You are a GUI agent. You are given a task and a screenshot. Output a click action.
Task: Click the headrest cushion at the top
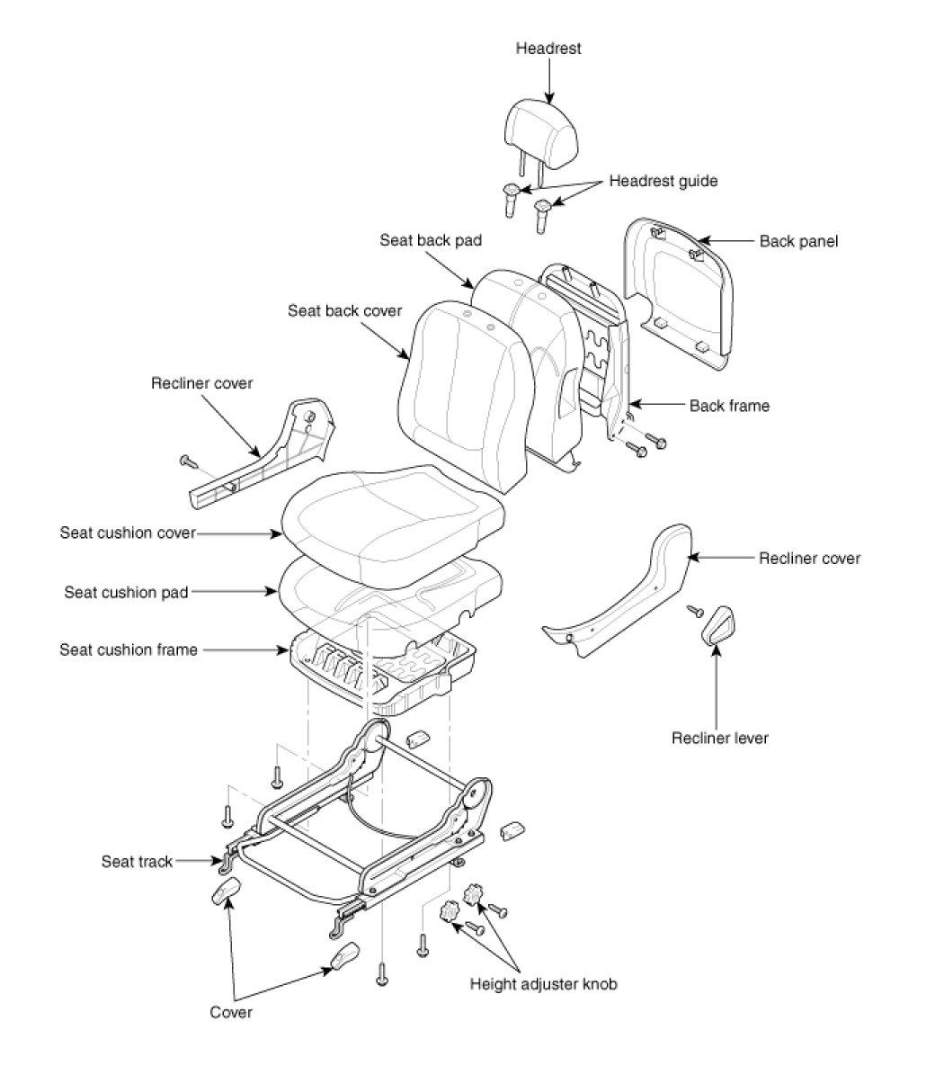pyautogui.click(x=543, y=131)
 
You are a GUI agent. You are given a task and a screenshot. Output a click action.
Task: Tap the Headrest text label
pyautogui.click(x=548, y=49)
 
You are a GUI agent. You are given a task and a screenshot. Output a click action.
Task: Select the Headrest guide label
pyautogui.click(x=663, y=181)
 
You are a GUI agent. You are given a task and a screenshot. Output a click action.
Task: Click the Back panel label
pyautogui.click(x=797, y=241)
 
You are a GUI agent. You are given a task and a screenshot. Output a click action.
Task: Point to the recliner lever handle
pyautogui.click(x=717, y=625)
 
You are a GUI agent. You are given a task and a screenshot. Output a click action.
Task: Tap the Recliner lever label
pyautogui.click(x=719, y=739)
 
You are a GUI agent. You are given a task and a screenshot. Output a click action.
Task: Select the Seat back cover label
pyautogui.click(x=344, y=310)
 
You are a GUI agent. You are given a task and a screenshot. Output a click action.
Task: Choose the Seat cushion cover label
pyautogui.click(x=128, y=533)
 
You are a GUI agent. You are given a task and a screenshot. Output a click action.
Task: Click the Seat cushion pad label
pyautogui.click(x=126, y=592)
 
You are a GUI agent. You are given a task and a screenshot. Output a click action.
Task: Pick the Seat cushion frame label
pyautogui.click(x=128, y=649)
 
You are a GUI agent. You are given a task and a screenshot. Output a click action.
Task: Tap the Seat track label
pyautogui.click(x=136, y=862)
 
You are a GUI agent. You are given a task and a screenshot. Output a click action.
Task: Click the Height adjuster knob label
pyautogui.click(x=543, y=983)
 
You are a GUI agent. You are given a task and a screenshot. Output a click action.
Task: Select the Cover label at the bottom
pyautogui.click(x=231, y=1012)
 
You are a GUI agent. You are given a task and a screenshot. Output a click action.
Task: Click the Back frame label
pyautogui.click(x=729, y=406)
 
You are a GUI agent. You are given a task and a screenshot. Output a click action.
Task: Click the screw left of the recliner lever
pyautogui.click(x=693, y=612)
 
